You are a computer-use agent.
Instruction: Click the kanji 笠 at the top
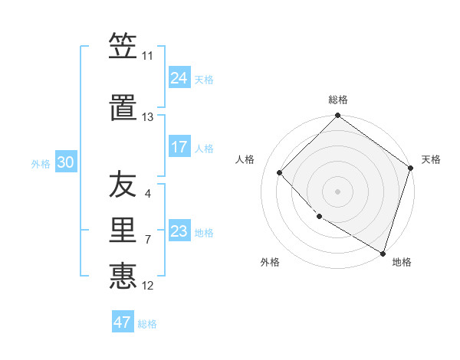123,47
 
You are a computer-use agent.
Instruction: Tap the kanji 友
123,186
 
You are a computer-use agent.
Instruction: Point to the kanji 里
123,230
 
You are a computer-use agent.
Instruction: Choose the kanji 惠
123,274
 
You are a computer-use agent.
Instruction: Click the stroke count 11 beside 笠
148,56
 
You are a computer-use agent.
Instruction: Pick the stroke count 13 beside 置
148,117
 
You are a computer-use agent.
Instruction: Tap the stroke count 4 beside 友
148,194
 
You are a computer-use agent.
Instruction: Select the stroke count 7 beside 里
148,240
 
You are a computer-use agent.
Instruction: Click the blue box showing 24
179,78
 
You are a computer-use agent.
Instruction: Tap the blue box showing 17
179,147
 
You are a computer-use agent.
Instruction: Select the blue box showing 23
179,231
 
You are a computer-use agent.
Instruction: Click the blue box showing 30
65,162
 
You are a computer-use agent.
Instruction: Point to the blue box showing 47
123,322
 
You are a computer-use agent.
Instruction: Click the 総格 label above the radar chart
338,100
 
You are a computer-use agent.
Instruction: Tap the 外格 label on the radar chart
270,262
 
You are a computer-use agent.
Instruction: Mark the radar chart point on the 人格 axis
280,172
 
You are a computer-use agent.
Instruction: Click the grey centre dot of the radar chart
337,191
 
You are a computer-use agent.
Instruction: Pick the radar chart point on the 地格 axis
383,252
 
